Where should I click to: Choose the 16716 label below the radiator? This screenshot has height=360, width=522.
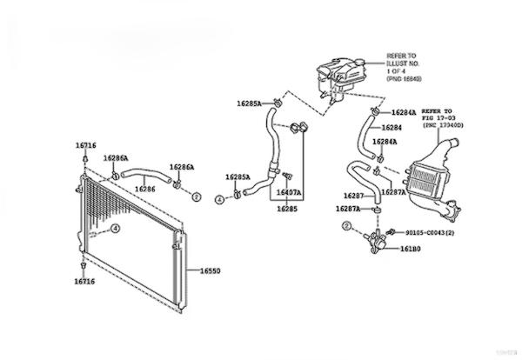(x=84, y=282)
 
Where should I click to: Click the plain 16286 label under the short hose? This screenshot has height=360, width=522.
(x=144, y=189)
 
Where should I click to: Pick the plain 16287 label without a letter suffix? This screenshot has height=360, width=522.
(x=353, y=196)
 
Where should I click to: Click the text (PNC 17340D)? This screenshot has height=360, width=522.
(x=445, y=126)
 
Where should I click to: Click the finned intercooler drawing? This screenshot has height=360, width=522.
(x=428, y=173)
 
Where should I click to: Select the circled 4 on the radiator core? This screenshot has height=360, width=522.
(x=115, y=229)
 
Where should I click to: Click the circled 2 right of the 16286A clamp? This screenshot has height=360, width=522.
(x=196, y=198)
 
